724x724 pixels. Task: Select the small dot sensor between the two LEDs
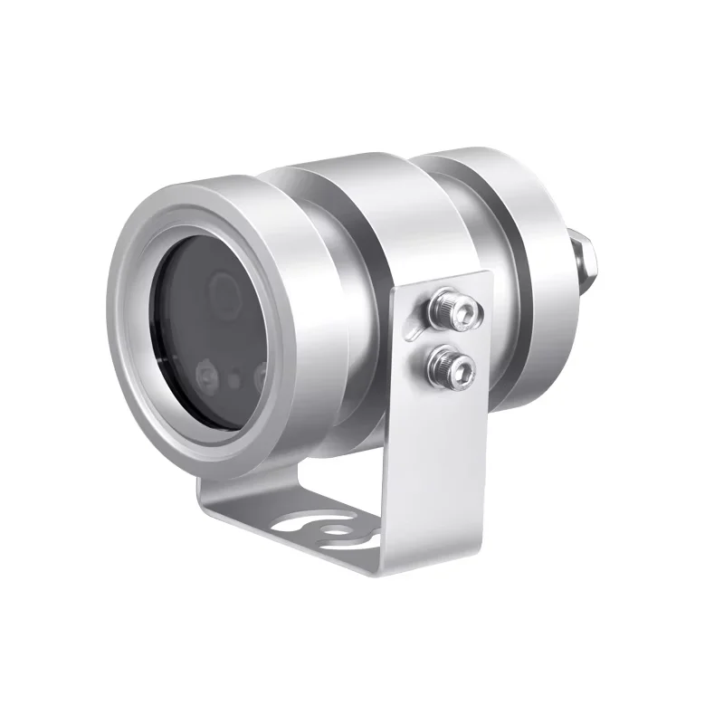point(234,379)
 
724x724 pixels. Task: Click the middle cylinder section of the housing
point(362,235)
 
